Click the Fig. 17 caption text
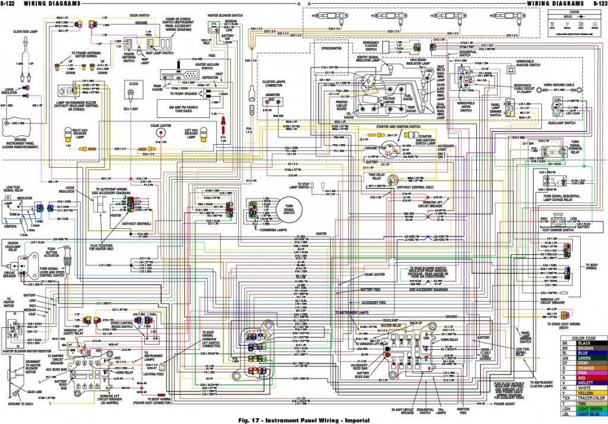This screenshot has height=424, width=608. click(304, 420)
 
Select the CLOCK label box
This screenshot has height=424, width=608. click(133, 84)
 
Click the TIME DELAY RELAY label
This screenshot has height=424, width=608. click(376, 176)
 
